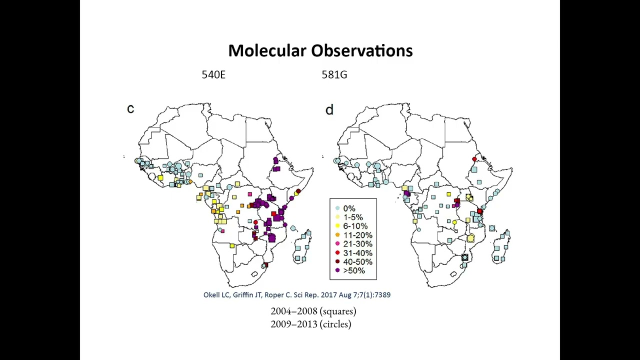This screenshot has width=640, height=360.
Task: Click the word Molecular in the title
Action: [266, 51]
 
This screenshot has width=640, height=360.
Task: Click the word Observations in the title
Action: [362, 51]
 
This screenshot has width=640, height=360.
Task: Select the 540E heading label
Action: [213, 75]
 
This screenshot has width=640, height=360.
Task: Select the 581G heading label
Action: [334, 75]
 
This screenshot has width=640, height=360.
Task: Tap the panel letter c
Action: [130, 109]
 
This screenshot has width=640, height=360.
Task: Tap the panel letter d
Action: [329, 110]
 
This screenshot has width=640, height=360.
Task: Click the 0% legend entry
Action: [349, 208]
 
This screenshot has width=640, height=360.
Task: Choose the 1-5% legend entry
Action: [353, 217]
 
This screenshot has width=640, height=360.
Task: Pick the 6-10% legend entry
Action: [355, 226]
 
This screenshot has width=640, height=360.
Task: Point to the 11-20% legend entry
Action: [357, 235]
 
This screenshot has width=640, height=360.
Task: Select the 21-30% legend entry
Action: [357, 244]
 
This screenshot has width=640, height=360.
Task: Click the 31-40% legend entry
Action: [357, 253]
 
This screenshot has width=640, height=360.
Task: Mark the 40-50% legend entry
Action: [357, 262]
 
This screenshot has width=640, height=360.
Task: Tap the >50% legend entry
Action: [353, 270]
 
